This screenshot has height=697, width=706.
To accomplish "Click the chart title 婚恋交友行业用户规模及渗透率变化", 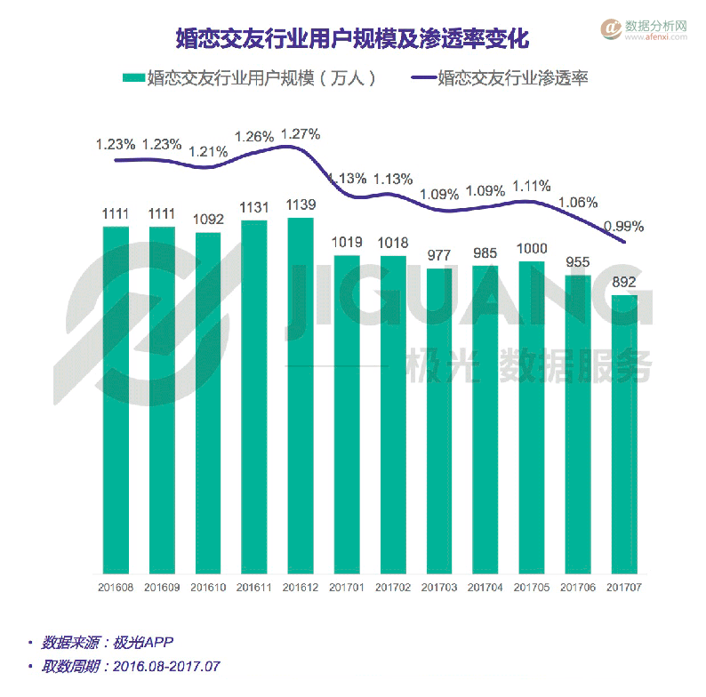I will tap(352, 40).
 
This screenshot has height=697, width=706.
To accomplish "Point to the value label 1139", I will tap(301, 205).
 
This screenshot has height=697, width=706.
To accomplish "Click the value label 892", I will tap(624, 284).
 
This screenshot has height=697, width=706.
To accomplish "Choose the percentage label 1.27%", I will tap(301, 134).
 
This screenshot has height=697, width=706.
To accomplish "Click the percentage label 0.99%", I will tap(624, 226).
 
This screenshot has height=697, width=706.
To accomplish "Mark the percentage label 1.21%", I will tap(208, 150).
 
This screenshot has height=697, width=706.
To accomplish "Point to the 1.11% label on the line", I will tap(532, 186).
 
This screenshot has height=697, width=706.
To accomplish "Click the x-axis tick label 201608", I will tap(116, 588).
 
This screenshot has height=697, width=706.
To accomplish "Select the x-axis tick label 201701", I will tap(347, 588).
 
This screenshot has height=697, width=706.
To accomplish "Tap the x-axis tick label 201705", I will tap(532, 588).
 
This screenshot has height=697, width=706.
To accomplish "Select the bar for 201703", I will tap(439, 418).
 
